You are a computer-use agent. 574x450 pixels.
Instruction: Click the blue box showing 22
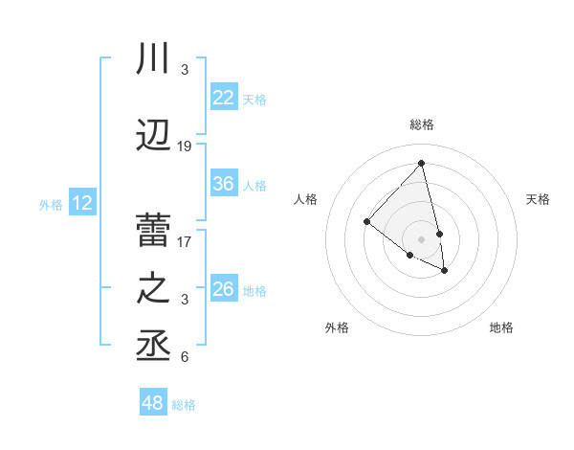click(224, 97)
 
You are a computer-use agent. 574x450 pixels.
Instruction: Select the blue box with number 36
click(224, 184)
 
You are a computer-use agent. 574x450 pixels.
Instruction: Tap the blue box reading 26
click(224, 289)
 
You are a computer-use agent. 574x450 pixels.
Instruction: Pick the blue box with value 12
click(82, 203)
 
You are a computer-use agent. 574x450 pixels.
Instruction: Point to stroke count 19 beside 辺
click(185, 146)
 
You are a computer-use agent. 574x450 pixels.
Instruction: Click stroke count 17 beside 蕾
click(185, 241)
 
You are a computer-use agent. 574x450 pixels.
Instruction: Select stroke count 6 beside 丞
click(185, 358)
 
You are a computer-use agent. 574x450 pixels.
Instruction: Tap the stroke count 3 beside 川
click(185, 70)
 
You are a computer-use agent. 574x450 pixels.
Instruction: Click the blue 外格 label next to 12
click(50, 204)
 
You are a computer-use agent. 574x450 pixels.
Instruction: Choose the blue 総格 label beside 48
click(185, 405)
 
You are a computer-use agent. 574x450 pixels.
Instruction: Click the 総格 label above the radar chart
click(422, 124)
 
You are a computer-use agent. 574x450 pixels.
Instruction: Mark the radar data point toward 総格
click(422, 164)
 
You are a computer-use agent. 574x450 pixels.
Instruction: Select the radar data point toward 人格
click(366, 222)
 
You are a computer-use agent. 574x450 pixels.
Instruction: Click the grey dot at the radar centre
click(422, 237)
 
